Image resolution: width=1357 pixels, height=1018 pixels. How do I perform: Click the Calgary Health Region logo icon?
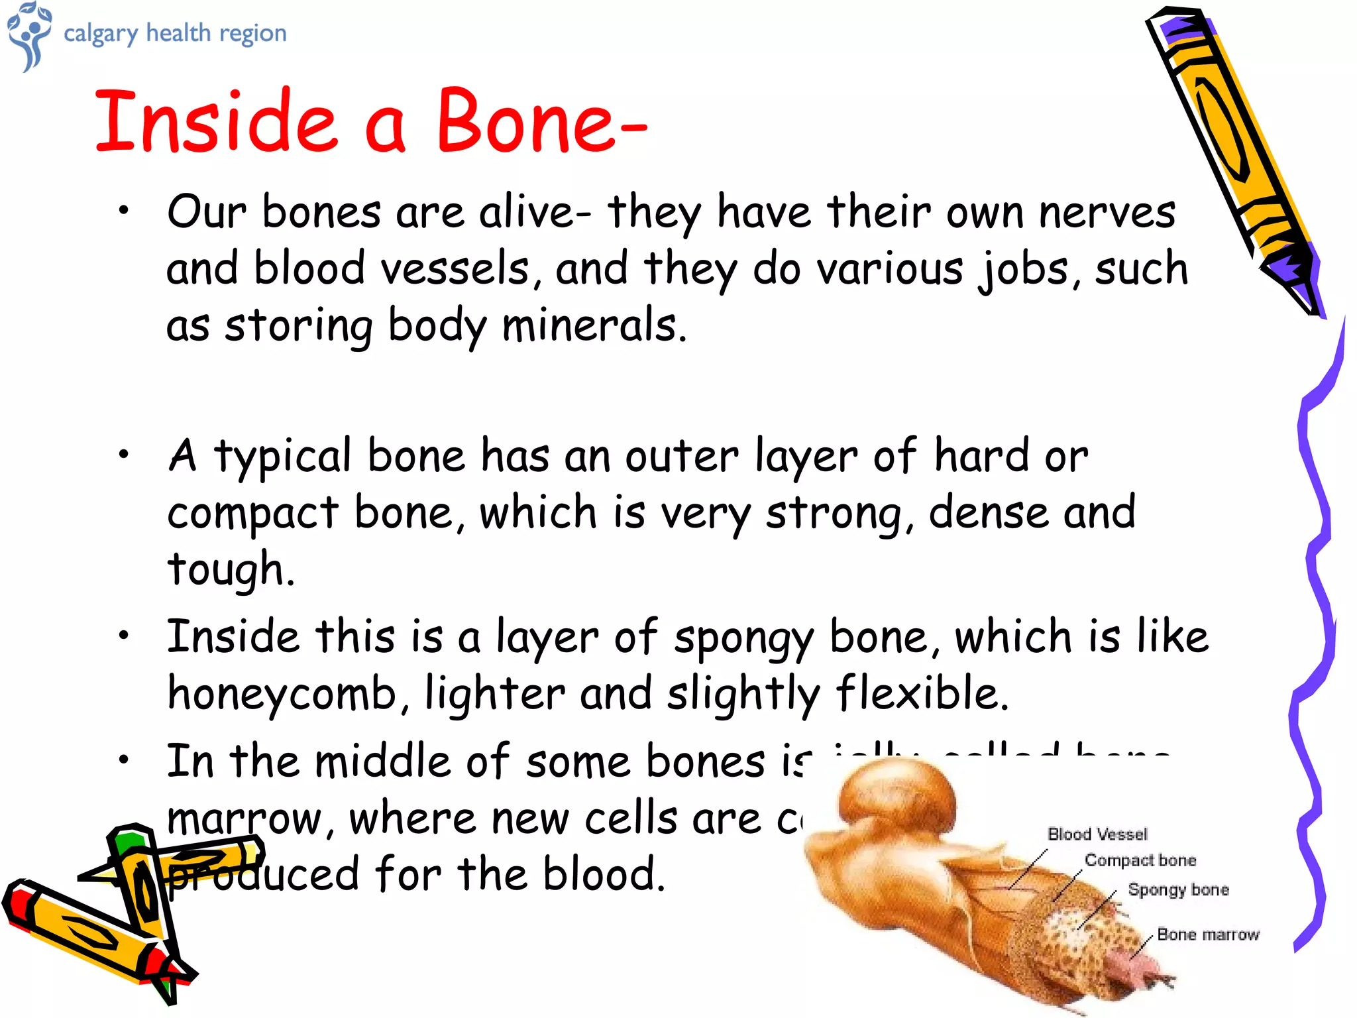(28, 34)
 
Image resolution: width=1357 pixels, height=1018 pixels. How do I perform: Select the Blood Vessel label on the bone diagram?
(1097, 834)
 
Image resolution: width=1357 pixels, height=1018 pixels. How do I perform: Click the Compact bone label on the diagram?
(1140, 860)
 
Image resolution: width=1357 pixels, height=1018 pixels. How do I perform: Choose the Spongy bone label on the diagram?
(1178, 889)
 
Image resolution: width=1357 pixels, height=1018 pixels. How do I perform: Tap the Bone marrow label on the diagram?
(1208, 934)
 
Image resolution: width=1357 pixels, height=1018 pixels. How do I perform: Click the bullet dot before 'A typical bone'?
(123, 455)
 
